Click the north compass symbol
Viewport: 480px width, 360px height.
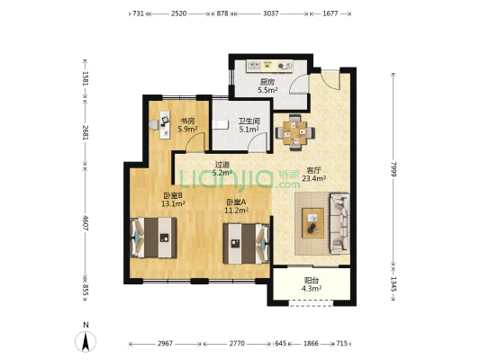pos(86,340)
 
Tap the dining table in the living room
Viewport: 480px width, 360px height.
pos(294,132)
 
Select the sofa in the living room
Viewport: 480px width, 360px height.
pos(340,223)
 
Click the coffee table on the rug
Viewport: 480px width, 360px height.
pos(312,223)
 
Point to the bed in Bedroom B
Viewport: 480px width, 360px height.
pos(154,238)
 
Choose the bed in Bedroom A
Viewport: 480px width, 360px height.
pos(247,244)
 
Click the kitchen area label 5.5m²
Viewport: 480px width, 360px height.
pos(267,90)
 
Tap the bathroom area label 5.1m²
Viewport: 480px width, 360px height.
pos(249,130)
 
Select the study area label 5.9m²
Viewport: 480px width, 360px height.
pos(187,129)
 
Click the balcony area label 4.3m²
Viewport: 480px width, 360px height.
pos(312,288)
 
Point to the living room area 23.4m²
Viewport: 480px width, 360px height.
pos(313,178)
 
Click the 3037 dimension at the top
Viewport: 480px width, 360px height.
pos(271,13)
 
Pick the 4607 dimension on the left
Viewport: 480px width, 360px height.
pos(86,223)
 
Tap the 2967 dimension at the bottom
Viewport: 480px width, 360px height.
pos(166,344)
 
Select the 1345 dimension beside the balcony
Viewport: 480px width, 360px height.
pos(394,284)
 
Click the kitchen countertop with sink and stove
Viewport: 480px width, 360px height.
pos(269,66)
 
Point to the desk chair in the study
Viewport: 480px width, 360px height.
pos(154,124)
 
